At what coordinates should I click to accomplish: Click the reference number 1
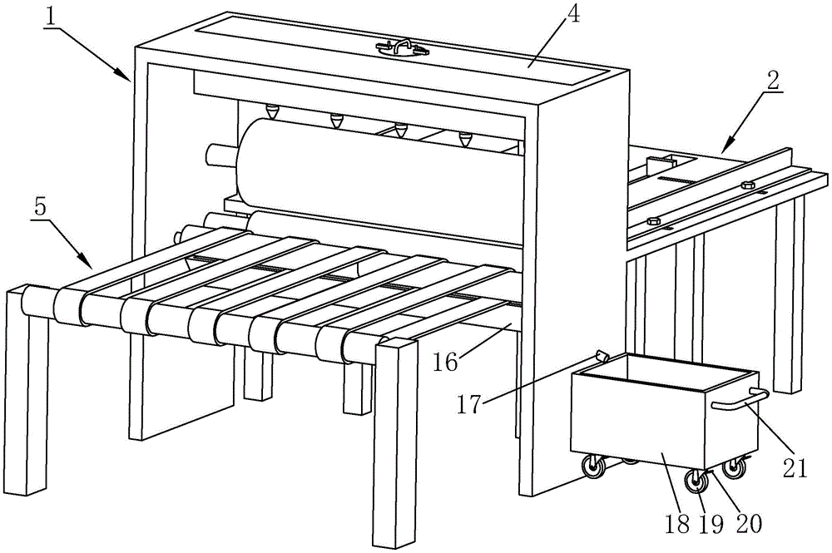[51, 17]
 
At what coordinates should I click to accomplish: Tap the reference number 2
[773, 81]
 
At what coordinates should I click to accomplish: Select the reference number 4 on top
[572, 14]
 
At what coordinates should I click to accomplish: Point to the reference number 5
[41, 207]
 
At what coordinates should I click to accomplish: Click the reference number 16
[445, 363]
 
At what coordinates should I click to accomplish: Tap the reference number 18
[676, 525]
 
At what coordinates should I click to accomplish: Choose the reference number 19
[711, 525]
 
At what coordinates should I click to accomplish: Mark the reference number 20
[748, 524]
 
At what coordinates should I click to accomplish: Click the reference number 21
[795, 468]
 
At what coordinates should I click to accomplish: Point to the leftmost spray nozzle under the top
[273, 112]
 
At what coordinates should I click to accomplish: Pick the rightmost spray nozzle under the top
[465, 140]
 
